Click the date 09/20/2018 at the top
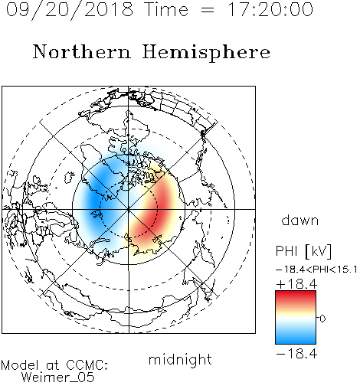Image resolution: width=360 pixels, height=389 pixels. pyautogui.click(x=70, y=9)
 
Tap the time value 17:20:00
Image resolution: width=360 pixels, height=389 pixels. pyautogui.click(x=270, y=9)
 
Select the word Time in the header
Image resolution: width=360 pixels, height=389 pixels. pyautogui.click(x=166, y=9)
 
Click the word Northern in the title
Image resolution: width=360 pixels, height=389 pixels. pyautogui.click(x=82, y=51)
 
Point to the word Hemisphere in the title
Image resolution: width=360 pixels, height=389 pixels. pyautogui.click(x=206, y=53)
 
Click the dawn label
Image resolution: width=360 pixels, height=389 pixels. pyautogui.click(x=300, y=220)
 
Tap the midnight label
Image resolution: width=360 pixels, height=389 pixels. pyautogui.click(x=180, y=359)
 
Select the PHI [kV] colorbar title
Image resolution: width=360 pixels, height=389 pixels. pyautogui.click(x=303, y=251)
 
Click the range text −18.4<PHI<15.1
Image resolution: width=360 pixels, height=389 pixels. pyautogui.click(x=316, y=270)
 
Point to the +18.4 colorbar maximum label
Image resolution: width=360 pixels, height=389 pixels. pyautogui.click(x=296, y=284)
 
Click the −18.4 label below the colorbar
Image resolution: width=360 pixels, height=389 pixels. pyautogui.click(x=296, y=354)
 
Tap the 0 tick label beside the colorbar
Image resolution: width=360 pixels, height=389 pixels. pyautogui.click(x=322, y=319)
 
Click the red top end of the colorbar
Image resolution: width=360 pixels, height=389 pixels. pyautogui.click(x=296, y=293)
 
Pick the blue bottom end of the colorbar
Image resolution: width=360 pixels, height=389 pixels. pyautogui.click(x=296, y=341)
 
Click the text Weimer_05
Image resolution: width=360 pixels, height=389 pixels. pyautogui.click(x=58, y=378)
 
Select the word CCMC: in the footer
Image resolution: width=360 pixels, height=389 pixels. pyautogui.click(x=87, y=365)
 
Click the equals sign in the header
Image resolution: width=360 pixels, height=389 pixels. pyautogui.click(x=208, y=10)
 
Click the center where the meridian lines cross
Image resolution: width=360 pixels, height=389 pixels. pyautogui.click(x=129, y=209)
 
